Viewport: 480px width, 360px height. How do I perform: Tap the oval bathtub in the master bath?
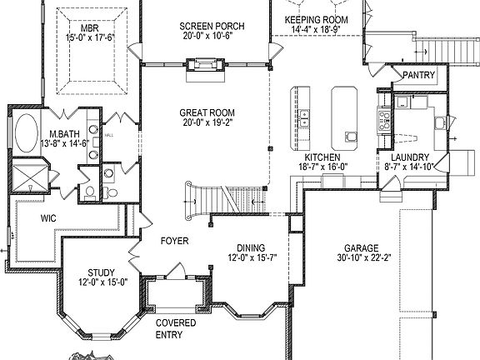[25, 132]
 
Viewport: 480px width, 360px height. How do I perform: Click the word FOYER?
[175, 242]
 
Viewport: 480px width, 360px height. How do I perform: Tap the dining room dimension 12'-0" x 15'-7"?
[251, 259]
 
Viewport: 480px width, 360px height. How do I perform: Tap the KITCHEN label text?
[321, 157]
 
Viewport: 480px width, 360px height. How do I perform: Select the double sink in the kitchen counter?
[304, 113]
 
